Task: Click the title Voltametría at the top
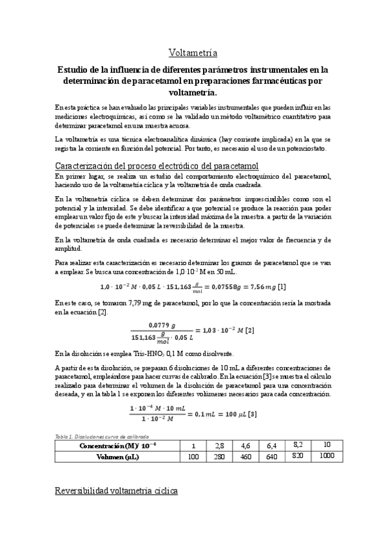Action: [x=193, y=52]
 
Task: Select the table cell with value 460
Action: [x=247, y=457]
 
